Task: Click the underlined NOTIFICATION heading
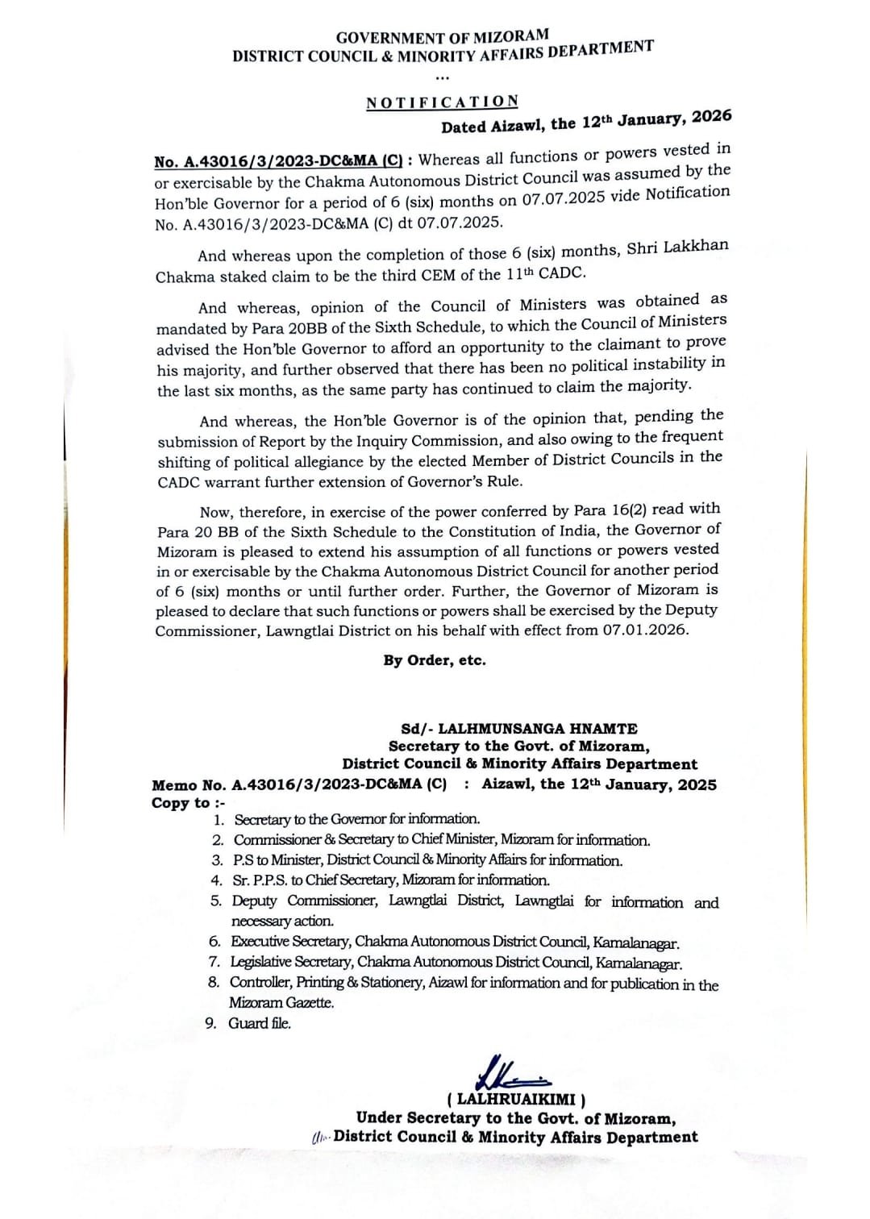(442, 102)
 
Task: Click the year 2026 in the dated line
(711, 116)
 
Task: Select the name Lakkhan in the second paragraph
(696, 247)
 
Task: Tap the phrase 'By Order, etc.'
(435, 660)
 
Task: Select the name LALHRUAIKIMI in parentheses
(516, 1099)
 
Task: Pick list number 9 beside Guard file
(210, 1023)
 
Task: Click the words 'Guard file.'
(260, 1023)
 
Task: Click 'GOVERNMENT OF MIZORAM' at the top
(442, 37)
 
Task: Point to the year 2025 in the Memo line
(697, 784)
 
